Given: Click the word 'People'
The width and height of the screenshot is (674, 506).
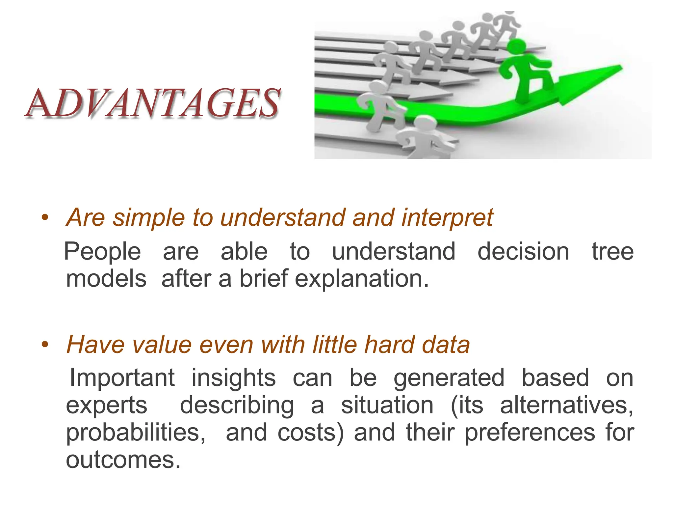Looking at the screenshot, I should tap(102, 252).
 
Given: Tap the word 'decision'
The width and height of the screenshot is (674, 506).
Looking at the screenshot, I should tap(523, 252).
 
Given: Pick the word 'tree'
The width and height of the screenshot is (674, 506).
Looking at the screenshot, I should tap(612, 252).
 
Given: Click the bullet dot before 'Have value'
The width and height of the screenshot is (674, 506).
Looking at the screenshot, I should tap(45, 345).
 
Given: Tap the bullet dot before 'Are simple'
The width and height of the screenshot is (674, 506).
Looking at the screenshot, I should tap(45, 217).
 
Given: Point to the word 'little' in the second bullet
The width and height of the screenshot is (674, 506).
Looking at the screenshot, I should tap(335, 345).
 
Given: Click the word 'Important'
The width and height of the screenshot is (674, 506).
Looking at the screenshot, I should tap(122, 378).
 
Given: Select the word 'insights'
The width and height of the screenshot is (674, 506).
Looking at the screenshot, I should tap(234, 378).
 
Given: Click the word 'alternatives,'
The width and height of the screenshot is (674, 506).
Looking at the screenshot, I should tap(566, 406).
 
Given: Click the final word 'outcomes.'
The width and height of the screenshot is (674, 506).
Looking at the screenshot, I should tap(123, 460).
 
